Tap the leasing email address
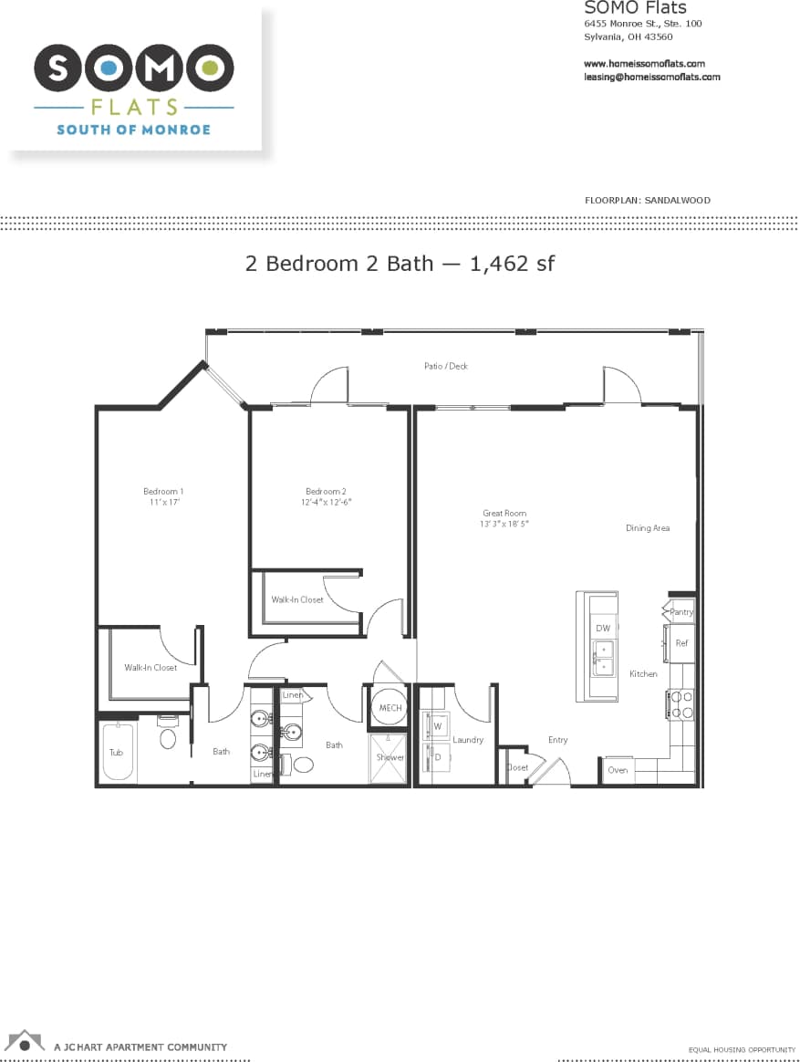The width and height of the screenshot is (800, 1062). (651, 78)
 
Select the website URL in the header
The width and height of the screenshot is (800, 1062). (644, 64)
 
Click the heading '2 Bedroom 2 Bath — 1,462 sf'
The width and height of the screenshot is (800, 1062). (400, 264)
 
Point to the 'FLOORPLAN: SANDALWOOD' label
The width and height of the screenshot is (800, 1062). (647, 200)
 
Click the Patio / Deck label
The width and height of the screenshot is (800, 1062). (446, 366)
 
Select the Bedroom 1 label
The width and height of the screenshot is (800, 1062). (163, 492)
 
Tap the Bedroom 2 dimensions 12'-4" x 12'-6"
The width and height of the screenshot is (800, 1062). (327, 502)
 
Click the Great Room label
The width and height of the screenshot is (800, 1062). (504, 514)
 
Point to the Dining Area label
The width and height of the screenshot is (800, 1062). (648, 528)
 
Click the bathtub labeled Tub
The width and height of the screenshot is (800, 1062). (117, 752)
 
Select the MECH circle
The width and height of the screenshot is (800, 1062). (390, 708)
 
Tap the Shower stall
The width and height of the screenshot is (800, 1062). (390, 757)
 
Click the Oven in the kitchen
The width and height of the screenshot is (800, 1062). (618, 770)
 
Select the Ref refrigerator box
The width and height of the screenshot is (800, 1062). (681, 643)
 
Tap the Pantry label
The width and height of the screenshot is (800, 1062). (681, 612)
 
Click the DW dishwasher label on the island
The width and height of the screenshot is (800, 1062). (603, 629)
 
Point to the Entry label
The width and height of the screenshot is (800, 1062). (557, 740)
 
